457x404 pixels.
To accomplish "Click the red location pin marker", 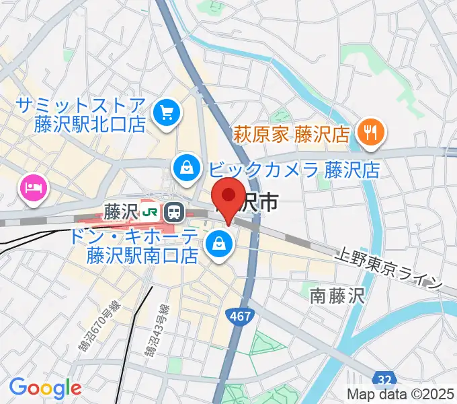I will pos(228,197).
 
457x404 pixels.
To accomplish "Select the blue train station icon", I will pos(175,213).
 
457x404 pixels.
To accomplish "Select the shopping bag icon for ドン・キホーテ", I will pos(219,245).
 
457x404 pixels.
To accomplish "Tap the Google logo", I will pos(45,387).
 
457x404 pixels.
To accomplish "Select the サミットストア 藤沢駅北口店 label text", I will pos(81,114).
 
